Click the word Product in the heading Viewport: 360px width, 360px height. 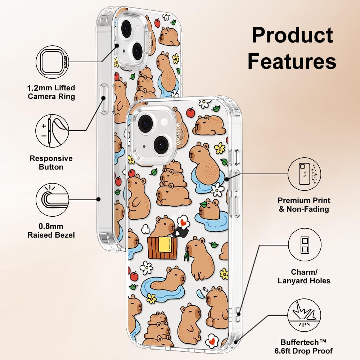pyautogui.click(x=292, y=35)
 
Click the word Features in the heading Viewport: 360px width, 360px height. pyautogui.click(x=292, y=61)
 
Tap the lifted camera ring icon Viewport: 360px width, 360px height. pyautogui.click(x=53, y=62)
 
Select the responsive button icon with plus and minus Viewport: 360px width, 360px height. pyautogui.click(x=52, y=131)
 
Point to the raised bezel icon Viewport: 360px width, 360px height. pyautogui.click(x=52, y=199)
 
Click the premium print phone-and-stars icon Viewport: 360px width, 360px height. pyautogui.click(x=304, y=174)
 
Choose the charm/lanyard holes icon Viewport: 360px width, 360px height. pyautogui.click(x=305, y=244)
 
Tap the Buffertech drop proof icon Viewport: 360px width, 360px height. pyautogui.click(x=304, y=315)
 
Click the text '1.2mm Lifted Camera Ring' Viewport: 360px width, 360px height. pyautogui.click(x=51, y=92)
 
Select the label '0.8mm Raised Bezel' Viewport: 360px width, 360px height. pyautogui.click(x=51, y=230)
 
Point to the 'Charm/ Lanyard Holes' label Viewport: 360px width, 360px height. pyautogui.click(x=304, y=276)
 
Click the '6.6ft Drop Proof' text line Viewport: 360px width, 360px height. pyautogui.click(x=303, y=351)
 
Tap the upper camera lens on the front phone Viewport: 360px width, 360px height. pyautogui.click(x=144, y=123)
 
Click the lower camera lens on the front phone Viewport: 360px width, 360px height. pyautogui.click(x=161, y=144)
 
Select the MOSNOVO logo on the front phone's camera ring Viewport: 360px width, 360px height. pyautogui.click(x=178, y=134)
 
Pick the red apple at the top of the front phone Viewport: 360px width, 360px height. pyautogui.click(x=190, y=112)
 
